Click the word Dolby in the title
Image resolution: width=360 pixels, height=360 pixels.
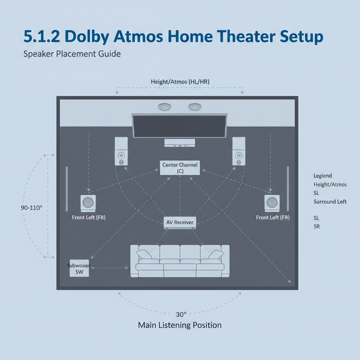(x=86, y=37)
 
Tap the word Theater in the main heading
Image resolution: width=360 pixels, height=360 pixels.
(x=246, y=36)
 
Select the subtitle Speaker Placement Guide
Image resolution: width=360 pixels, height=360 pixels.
(x=72, y=54)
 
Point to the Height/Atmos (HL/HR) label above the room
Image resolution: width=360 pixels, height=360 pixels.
(x=180, y=82)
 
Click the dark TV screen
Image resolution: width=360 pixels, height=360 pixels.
(x=180, y=126)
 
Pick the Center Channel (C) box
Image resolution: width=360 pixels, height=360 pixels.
(x=180, y=168)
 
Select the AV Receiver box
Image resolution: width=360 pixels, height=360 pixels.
(x=180, y=223)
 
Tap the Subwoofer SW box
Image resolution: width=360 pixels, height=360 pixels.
(x=79, y=268)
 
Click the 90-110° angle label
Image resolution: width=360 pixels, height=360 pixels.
(x=31, y=208)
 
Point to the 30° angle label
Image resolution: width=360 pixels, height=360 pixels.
(x=181, y=314)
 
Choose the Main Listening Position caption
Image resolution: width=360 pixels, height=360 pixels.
(x=180, y=325)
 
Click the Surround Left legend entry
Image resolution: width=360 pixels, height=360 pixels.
(x=330, y=202)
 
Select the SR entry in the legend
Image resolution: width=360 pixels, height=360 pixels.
(x=317, y=227)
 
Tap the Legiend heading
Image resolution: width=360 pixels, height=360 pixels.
(x=323, y=176)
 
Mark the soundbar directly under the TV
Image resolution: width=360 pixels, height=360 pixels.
(x=180, y=143)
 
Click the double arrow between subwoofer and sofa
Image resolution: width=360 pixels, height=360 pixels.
(x=110, y=268)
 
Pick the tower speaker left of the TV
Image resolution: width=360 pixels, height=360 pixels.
(x=121, y=151)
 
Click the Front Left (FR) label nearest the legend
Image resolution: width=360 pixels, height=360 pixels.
(x=273, y=217)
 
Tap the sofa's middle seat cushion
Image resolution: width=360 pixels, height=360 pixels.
(x=180, y=270)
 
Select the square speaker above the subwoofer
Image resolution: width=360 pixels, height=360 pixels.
(x=88, y=203)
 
